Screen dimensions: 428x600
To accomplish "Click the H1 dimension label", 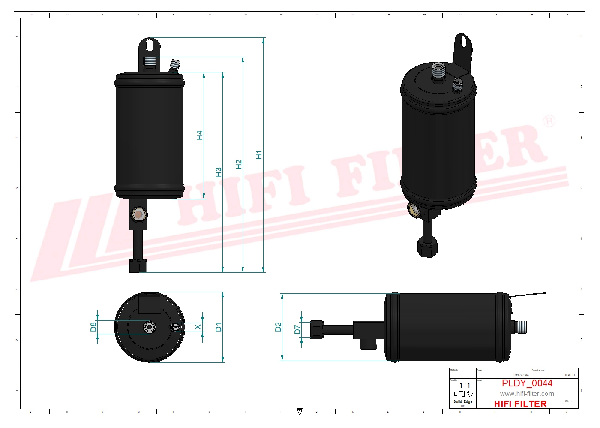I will click(258, 155).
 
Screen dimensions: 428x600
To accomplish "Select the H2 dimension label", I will click(239, 164).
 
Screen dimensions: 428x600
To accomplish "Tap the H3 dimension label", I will click(219, 172).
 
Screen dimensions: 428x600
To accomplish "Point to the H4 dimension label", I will click(200, 135).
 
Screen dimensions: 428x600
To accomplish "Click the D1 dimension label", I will click(219, 327).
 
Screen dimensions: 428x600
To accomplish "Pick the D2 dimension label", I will click(278, 327).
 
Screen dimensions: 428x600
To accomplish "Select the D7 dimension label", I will click(297, 329).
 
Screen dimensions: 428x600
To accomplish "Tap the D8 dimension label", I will click(93, 327).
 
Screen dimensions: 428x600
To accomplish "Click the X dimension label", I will click(198, 327).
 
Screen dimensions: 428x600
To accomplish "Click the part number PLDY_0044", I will click(527, 383).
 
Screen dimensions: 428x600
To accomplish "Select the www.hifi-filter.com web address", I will click(527, 394).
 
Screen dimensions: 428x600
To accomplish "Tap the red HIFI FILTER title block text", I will click(520, 404).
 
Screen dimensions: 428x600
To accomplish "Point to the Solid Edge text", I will click(463, 402).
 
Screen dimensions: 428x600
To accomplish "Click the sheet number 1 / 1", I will click(464, 385).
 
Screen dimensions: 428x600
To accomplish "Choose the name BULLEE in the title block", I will click(570, 375).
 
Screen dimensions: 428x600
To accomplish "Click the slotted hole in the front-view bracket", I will click(149, 45).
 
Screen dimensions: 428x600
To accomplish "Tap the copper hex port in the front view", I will click(138, 214).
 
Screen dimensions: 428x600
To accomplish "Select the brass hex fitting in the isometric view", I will click(414, 209).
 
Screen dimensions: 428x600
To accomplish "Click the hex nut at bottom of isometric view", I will click(427, 247).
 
